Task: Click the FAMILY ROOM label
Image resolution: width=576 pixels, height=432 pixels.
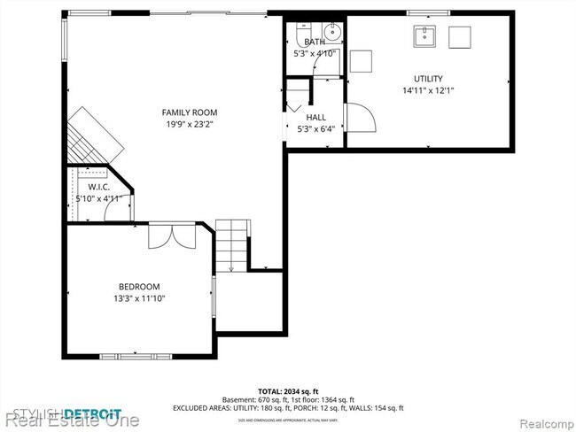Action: click(x=189, y=112)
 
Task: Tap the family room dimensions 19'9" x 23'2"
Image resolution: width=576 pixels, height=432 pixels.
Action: click(x=189, y=125)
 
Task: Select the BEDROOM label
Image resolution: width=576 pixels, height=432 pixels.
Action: click(x=139, y=286)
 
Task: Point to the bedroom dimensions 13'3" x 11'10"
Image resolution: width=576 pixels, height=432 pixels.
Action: click(x=139, y=298)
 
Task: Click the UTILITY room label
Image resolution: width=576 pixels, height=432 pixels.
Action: click(x=428, y=79)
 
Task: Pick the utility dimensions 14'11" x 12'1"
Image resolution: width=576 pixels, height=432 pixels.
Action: click(x=428, y=90)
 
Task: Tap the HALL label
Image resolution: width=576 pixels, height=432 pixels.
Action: click(x=315, y=117)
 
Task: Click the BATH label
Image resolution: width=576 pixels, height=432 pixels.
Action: click(x=315, y=42)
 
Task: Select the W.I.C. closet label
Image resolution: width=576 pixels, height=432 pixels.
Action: click(x=97, y=187)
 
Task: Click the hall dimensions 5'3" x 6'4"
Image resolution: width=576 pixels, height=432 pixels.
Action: click(x=315, y=129)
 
